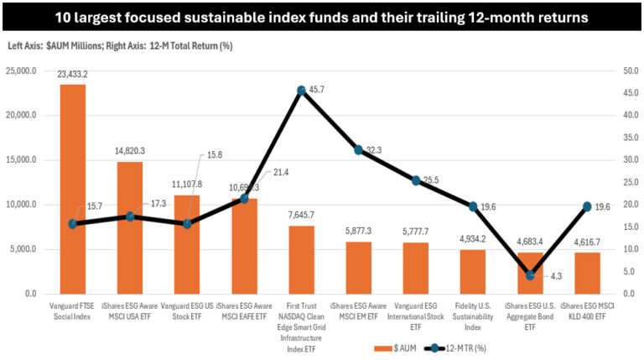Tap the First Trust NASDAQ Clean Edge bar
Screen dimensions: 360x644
[301, 259]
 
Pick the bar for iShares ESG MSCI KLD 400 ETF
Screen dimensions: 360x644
[587, 273]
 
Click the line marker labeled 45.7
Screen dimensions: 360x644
[301, 90]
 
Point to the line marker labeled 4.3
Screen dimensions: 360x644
[530, 274]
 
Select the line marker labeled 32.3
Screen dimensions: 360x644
[359, 149]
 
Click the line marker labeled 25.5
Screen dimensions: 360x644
[416, 180]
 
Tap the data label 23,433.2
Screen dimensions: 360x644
[73, 75]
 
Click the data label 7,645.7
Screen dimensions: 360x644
[301, 216]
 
